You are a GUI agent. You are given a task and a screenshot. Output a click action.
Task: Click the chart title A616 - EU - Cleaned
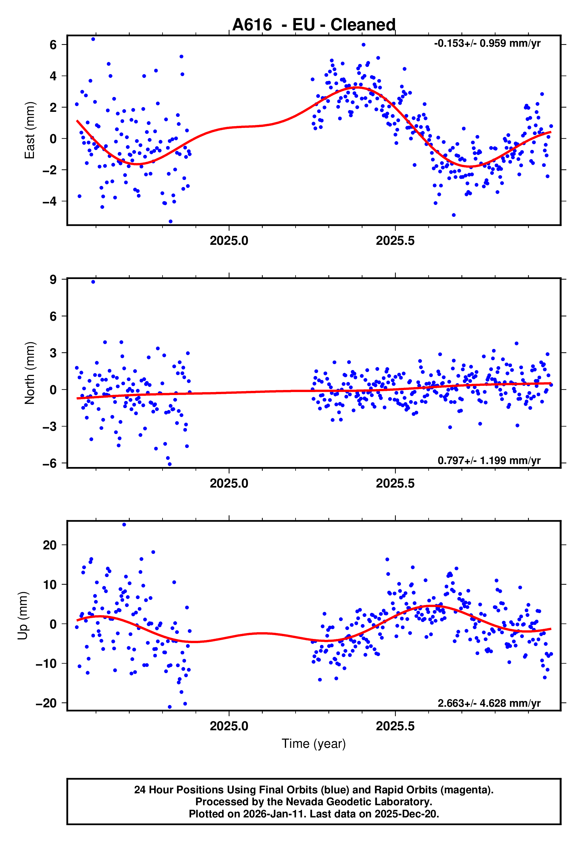(x=314, y=25)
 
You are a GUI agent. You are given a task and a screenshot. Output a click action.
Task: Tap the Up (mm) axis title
(x=23, y=616)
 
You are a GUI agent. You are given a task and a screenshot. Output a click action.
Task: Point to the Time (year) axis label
(x=314, y=744)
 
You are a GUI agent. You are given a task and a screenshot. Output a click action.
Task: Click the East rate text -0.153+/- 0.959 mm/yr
(x=487, y=43)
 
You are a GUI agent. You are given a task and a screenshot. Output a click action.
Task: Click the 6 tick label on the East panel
(x=53, y=45)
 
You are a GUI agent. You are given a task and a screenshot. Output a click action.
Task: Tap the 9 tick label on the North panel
(x=53, y=279)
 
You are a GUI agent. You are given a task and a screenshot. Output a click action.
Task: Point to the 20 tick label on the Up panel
(x=50, y=545)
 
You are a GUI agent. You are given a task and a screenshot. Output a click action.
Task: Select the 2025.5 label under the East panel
(x=395, y=241)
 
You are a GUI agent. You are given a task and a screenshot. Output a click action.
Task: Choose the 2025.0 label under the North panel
(x=229, y=483)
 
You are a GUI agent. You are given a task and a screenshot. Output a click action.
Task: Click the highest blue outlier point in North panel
(x=93, y=282)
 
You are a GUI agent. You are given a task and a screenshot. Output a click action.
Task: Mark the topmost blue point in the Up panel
(x=124, y=525)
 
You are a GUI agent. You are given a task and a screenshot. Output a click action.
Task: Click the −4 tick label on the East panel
(x=50, y=201)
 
